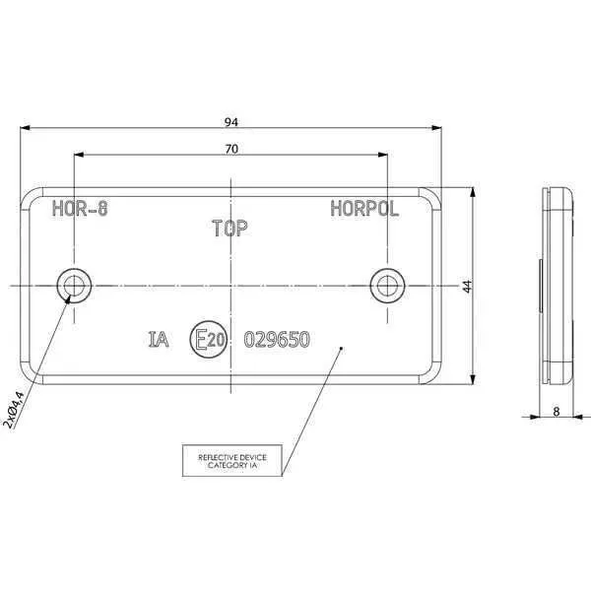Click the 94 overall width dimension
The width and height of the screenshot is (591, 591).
coord(231,122)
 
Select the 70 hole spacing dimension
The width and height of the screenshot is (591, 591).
coord(231,150)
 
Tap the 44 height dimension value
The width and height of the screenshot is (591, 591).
coord(467,286)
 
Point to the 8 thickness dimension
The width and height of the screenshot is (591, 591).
coord(557,412)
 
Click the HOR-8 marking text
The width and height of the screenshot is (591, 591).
coord(80,208)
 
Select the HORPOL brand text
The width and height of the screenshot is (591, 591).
coord(364,209)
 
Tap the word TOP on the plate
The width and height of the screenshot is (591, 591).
coord(230,229)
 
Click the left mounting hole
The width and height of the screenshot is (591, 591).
coord(74,286)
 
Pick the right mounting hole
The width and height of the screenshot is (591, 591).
coord(387,286)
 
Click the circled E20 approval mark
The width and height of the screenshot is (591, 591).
coord(209,339)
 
